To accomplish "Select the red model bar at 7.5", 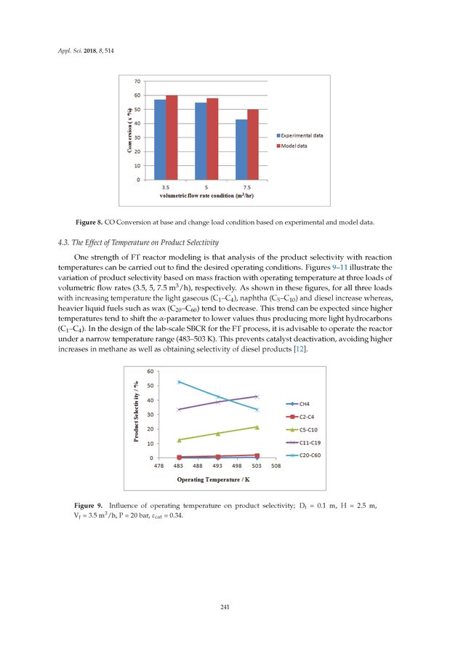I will [253, 145].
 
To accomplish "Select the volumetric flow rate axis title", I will [206, 195].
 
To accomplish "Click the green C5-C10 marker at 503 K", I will [257, 427].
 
